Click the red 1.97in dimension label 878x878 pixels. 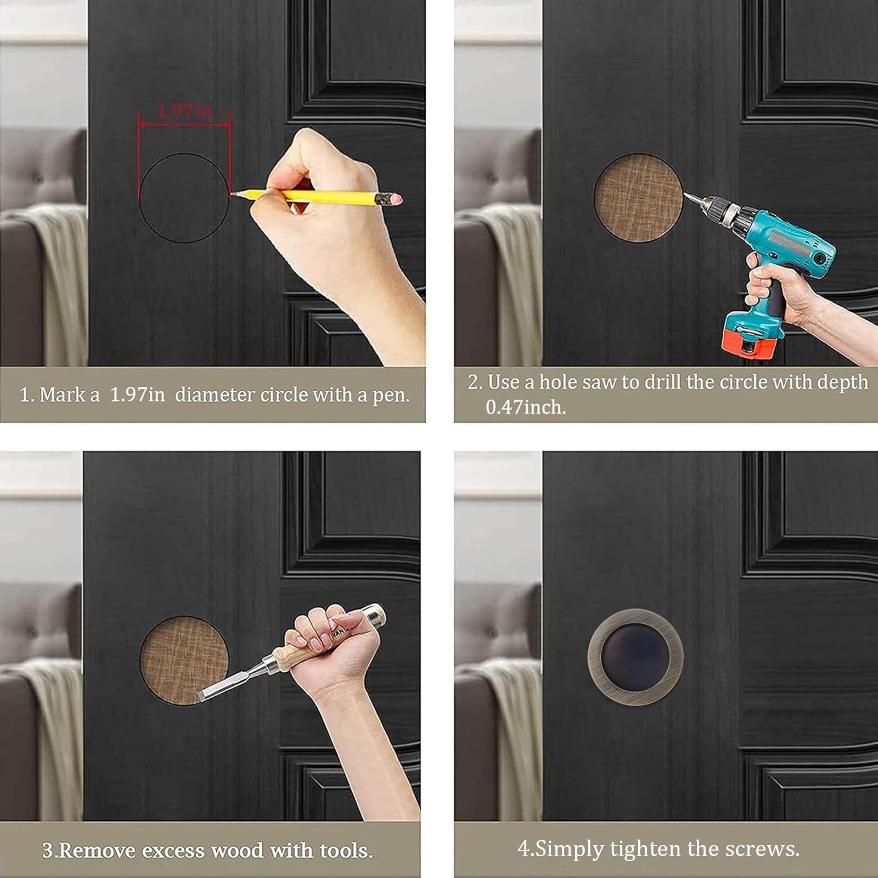point(184,111)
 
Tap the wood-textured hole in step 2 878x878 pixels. point(638,198)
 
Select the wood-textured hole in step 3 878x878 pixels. point(183,661)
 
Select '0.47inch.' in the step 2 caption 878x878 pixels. point(525,407)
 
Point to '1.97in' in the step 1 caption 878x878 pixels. point(137,395)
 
